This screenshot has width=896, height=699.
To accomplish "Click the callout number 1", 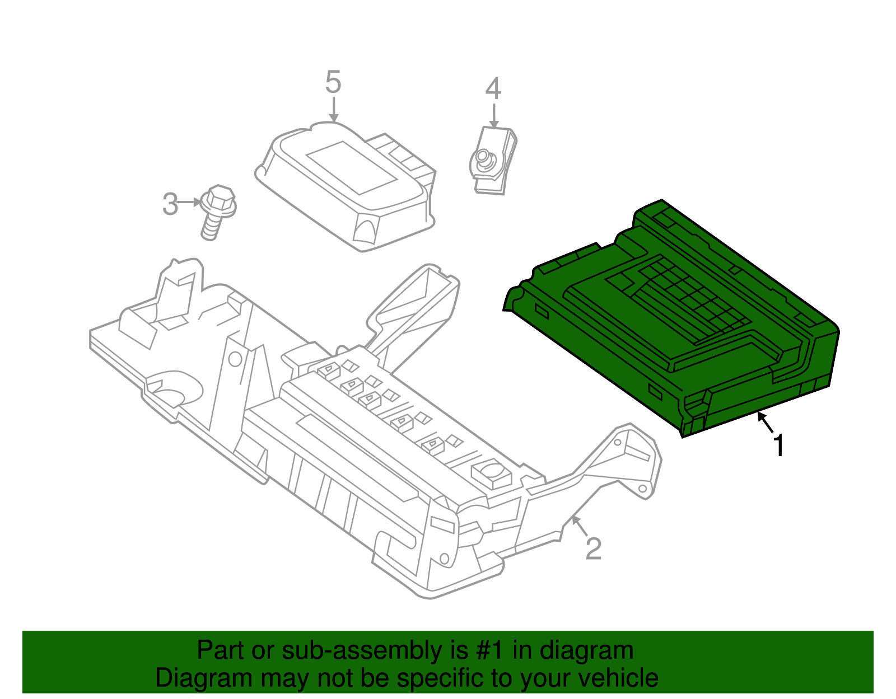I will [778, 446].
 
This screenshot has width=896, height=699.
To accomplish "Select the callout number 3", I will [170, 204].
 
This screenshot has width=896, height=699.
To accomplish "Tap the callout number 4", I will [493, 88].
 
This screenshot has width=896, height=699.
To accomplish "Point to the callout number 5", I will [333, 83].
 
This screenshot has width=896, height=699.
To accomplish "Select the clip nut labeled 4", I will [492, 159].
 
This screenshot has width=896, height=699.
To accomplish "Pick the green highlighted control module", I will [672, 319].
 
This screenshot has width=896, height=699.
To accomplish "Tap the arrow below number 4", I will [493, 115].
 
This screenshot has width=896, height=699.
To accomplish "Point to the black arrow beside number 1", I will [765, 422].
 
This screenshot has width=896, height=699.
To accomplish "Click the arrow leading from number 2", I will [578, 525].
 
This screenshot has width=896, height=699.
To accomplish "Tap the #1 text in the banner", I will [491, 651].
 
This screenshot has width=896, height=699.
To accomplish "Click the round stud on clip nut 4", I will [482, 158].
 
